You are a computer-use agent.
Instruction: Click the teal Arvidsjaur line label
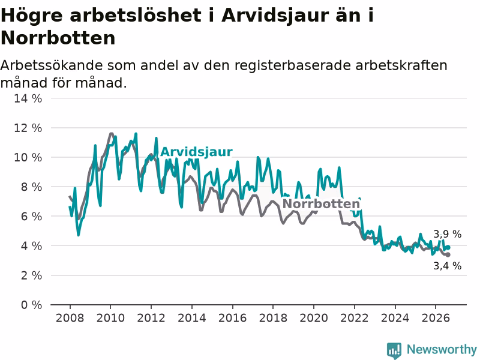[x=196, y=152]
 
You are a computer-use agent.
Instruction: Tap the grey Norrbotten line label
[x=321, y=204]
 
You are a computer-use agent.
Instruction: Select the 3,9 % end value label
[x=447, y=234]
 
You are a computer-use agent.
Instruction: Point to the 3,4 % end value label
[x=447, y=266]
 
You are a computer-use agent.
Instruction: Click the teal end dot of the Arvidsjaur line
[x=448, y=247]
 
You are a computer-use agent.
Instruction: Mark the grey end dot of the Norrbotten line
[x=448, y=254]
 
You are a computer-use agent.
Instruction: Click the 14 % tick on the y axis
[x=28, y=98]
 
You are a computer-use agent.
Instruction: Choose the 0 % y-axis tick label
[x=32, y=305]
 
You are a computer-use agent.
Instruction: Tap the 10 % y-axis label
[x=28, y=157]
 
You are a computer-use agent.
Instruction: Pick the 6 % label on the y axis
[x=32, y=217]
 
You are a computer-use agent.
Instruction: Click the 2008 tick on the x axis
[x=70, y=318]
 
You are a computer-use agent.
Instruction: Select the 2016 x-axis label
[x=232, y=318]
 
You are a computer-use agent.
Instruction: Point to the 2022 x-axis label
[x=354, y=318]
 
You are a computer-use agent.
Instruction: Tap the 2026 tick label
[x=436, y=318]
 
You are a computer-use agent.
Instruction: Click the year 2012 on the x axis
[x=151, y=318]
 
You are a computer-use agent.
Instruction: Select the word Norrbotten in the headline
[x=58, y=38]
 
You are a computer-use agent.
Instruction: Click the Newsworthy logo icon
[x=394, y=350]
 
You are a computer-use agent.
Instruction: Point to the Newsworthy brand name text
[x=442, y=349]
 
